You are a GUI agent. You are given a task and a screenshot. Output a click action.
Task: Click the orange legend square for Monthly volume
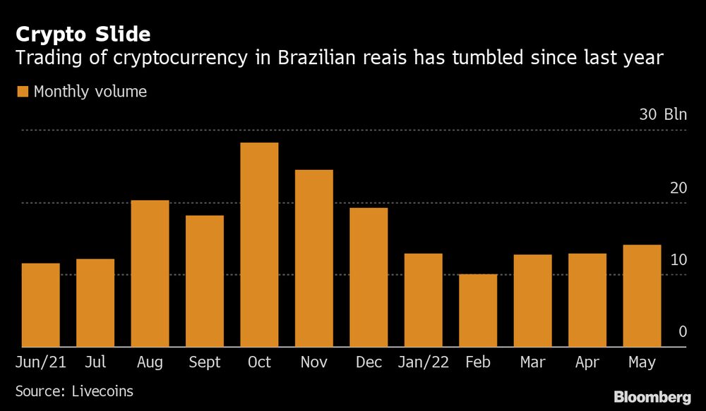pyautogui.click(x=22, y=92)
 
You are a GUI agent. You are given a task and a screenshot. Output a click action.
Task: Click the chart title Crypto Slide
pyautogui.click(x=83, y=34)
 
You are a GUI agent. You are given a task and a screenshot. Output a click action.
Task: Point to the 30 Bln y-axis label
pyautogui.click(x=662, y=116)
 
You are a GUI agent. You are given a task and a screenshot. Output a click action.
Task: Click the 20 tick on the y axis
pyautogui.click(x=678, y=188)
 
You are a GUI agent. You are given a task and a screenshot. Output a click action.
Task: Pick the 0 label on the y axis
pyautogui.click(x=683, y=331)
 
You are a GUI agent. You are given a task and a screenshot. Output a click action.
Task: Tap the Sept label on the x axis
pyautogui.click(x=205, y=362)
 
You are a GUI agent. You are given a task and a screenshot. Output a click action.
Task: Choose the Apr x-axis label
pyautogui.click(x=587, y=362)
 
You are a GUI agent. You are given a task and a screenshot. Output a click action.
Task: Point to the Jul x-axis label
pyautogui.click(x=95, y=362)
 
